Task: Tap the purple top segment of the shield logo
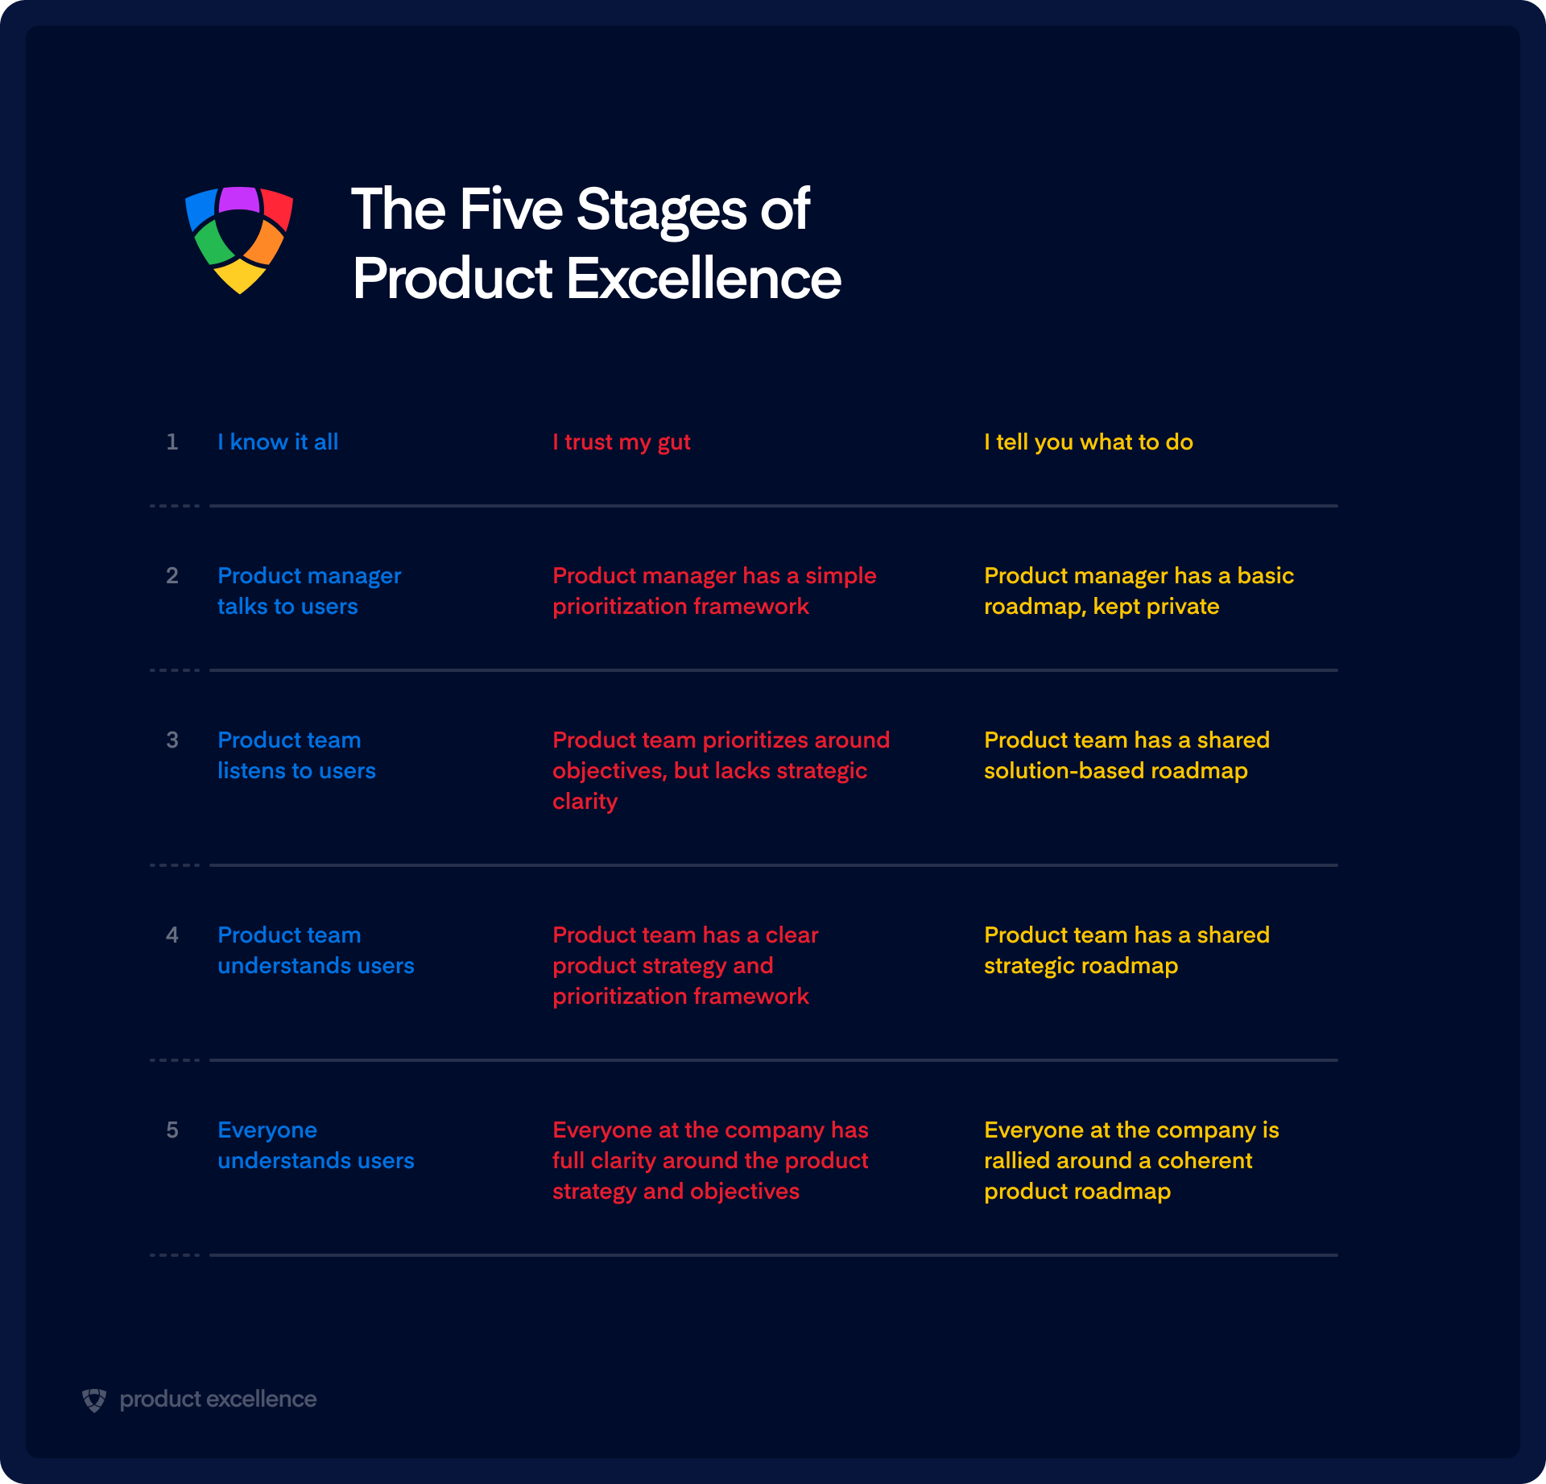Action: point(239,199)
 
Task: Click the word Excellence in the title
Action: point(703,279)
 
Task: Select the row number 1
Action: point(172,441)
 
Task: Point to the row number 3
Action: point(172,740)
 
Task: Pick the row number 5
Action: point(172,1130)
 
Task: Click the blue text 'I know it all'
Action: point(278,441)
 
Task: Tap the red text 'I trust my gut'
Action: point(622,442)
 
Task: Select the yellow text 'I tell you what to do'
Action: point(1089,442)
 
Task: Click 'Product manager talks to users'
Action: point(309,591)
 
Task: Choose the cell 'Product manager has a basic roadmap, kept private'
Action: point(1139,591)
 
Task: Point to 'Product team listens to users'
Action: point(296,755)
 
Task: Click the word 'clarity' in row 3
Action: point(585,802)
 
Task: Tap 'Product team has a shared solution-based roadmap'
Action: point(1126,755)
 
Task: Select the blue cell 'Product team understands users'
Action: point(316,950)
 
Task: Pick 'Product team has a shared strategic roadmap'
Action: point(1126,950)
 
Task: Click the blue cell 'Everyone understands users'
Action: point(316,1145)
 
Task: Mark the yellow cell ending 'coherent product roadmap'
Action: point(1131,1160)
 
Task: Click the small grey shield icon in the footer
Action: point(94,1399)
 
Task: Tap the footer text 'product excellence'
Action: point(218,1399)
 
